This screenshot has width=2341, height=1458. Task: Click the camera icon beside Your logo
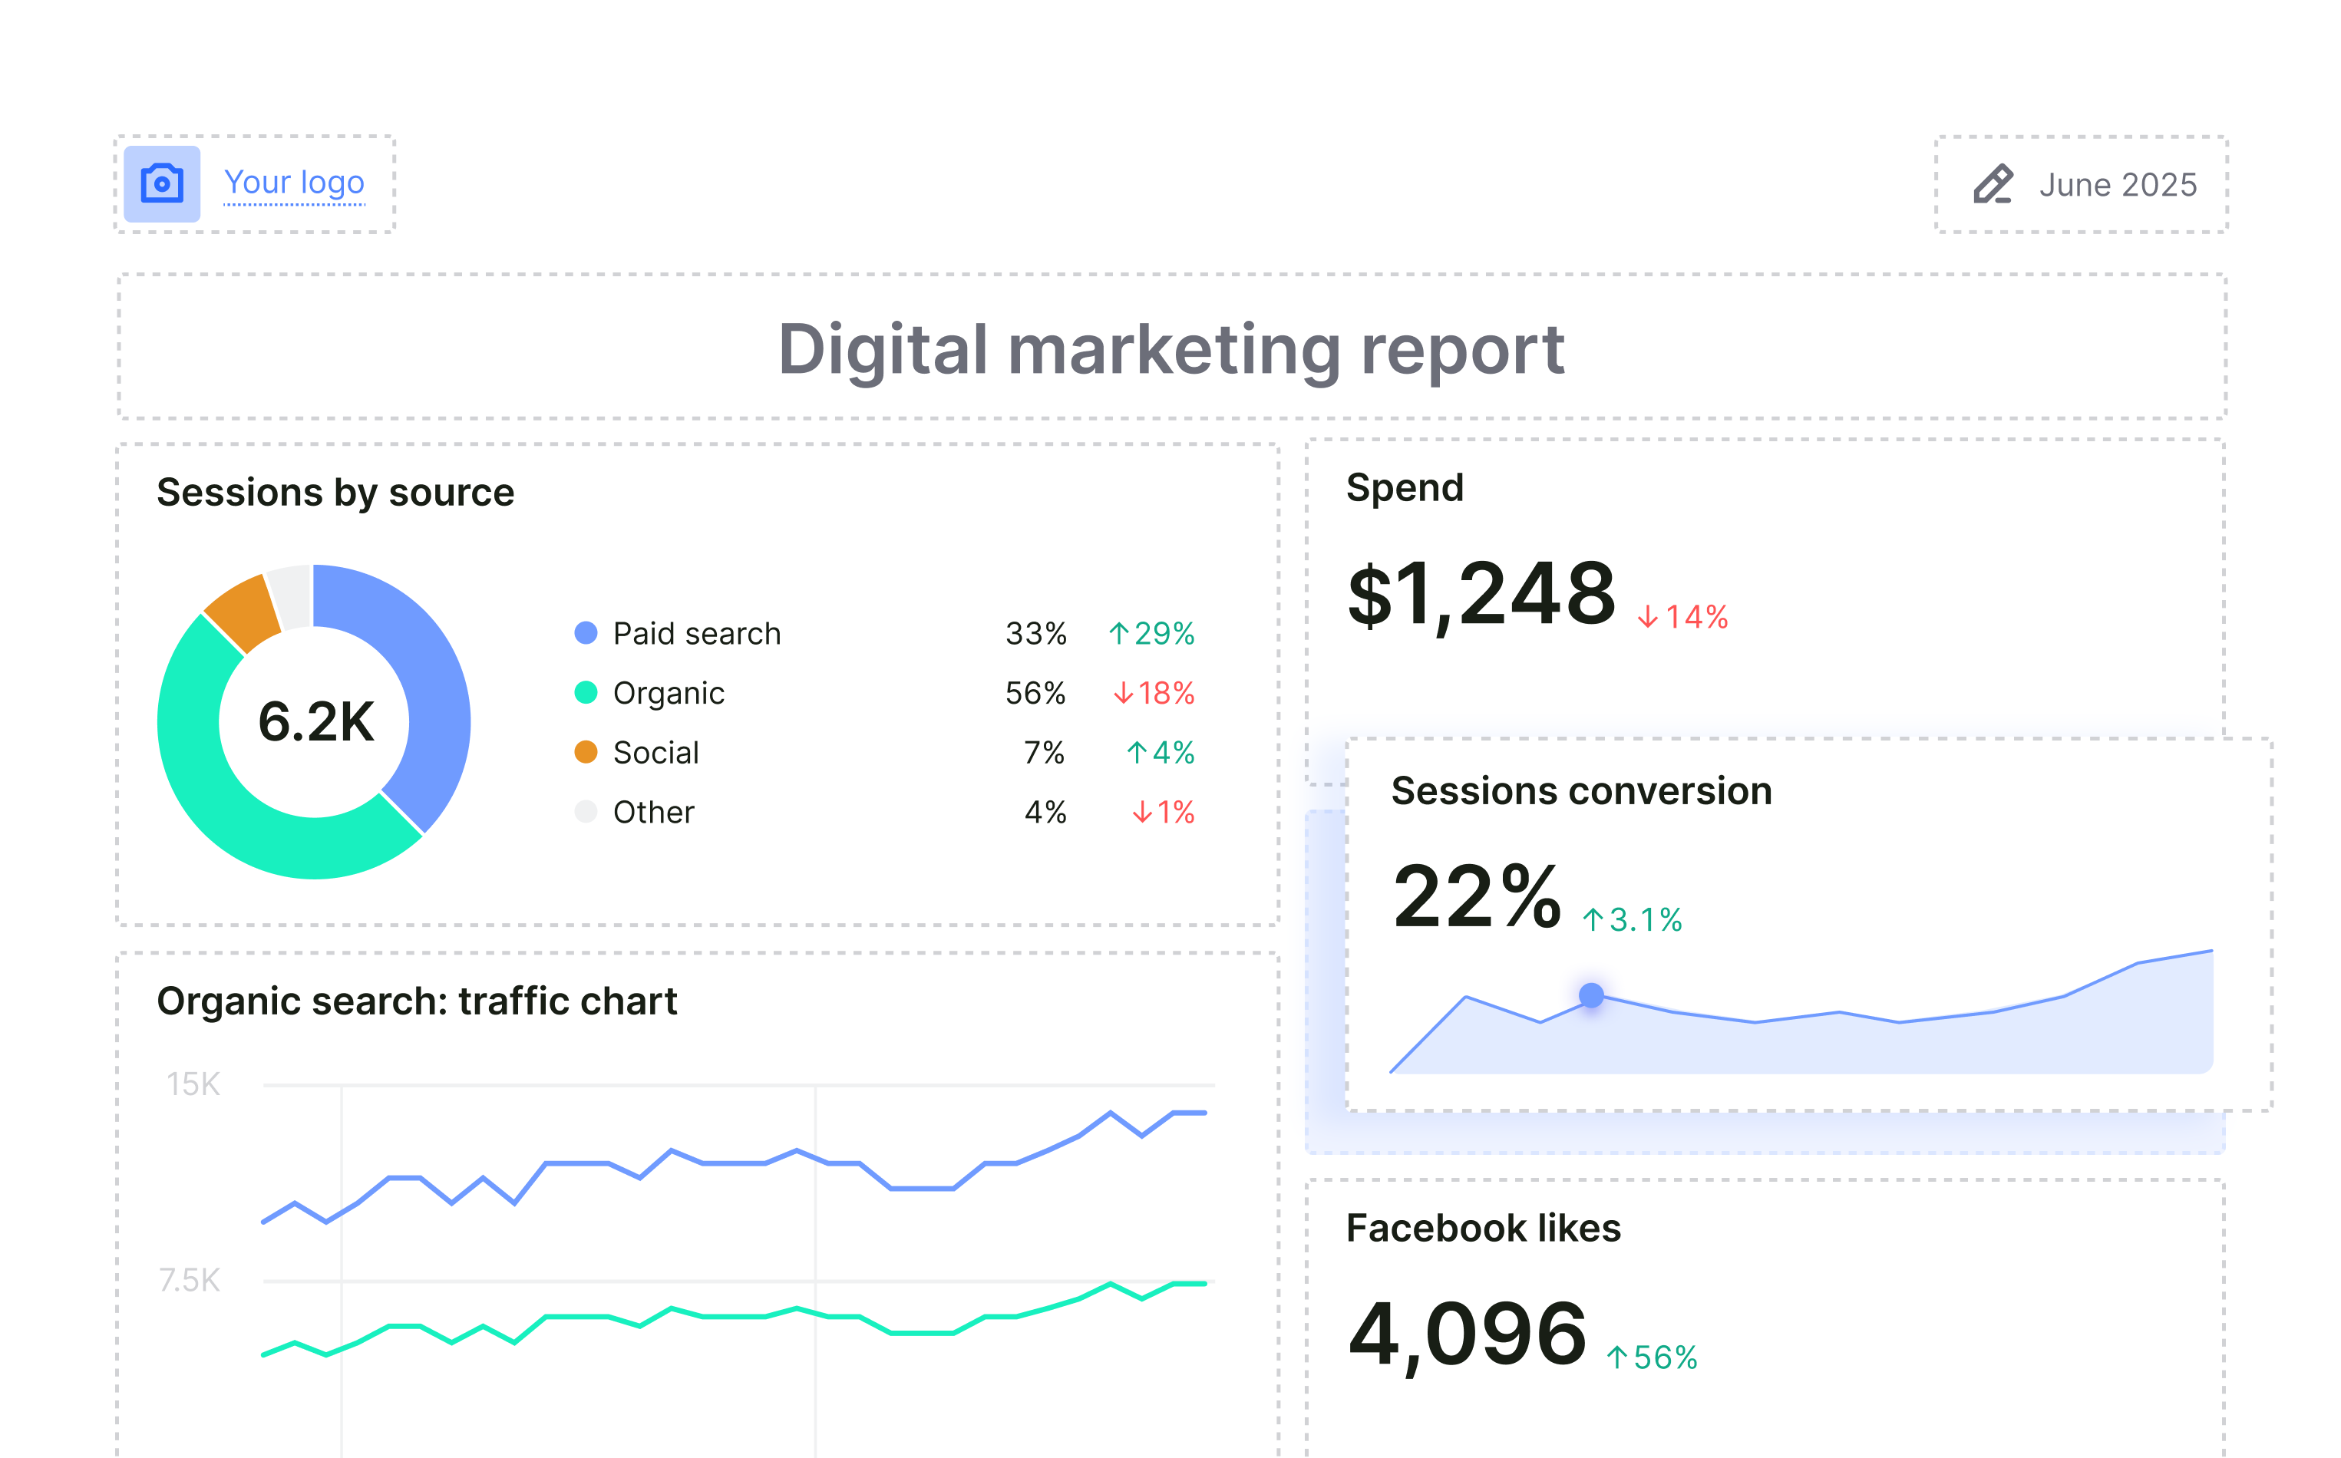[162, 183]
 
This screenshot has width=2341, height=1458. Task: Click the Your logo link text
[294, 183]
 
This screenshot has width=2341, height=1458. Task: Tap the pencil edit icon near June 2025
[1992, 184]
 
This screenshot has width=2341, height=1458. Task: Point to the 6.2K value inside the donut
[315, 722]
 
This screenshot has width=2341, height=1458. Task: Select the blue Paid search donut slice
[424, 675]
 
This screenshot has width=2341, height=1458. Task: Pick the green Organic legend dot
[586, 692]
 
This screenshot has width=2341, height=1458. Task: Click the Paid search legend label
[696, 634]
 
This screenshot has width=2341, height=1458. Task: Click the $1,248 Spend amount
[1481, 594]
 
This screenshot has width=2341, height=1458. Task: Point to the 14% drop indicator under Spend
[1682, 617]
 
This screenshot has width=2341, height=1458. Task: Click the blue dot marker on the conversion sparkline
[1590, 995]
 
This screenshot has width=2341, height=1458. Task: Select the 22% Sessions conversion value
[1476, 898]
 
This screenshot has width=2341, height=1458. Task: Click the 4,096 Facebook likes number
[1467, 1334]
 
